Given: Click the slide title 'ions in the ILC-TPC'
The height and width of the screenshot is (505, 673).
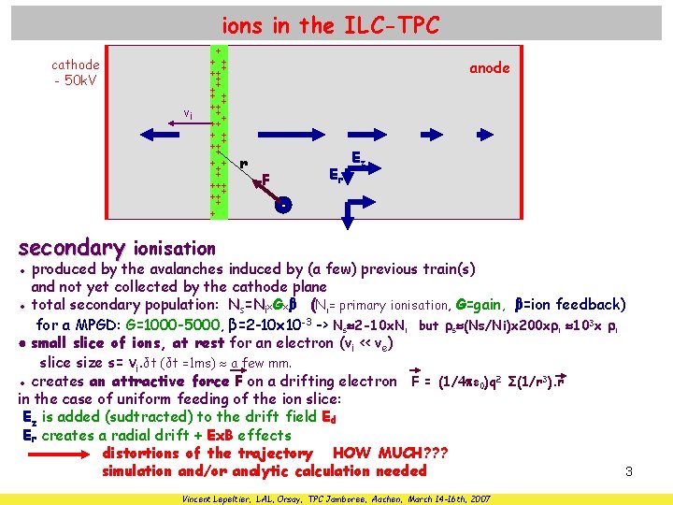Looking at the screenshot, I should click(x=330, y=25).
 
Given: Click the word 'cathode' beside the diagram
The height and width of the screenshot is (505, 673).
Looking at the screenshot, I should click(x=76, y=65).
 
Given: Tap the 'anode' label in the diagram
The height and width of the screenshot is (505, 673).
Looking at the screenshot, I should click(x=489, y=68).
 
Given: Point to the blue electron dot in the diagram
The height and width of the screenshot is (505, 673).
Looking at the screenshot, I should click(x=283, y=204).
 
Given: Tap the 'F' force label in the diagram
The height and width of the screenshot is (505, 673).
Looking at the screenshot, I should click(x=266, y=178).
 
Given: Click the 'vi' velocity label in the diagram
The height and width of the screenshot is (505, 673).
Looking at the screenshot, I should click(x=188, y=113).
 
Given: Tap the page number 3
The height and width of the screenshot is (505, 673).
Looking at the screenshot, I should click(x=629, y=472).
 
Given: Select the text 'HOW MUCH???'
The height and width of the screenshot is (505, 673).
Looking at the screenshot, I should click(x=390, y=454).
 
